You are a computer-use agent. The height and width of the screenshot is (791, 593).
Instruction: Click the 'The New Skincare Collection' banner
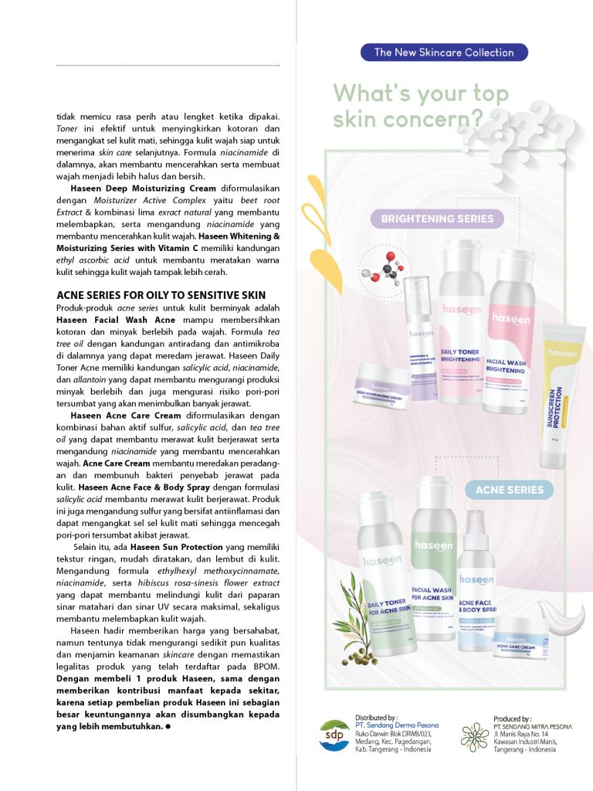444,53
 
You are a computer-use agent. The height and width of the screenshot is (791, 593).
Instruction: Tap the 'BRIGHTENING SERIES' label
437,219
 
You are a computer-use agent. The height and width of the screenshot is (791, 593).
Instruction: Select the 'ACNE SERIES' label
510,490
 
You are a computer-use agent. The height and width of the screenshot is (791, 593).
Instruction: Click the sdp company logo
334,735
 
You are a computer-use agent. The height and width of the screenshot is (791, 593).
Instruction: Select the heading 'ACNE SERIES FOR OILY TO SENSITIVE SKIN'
161,295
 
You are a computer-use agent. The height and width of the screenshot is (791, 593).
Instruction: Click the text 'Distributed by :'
376,718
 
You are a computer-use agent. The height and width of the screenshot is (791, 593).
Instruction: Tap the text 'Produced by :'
513,718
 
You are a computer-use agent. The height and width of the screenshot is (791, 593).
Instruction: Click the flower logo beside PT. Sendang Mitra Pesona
474,735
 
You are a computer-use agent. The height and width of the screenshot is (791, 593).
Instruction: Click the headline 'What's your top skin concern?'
421,107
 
